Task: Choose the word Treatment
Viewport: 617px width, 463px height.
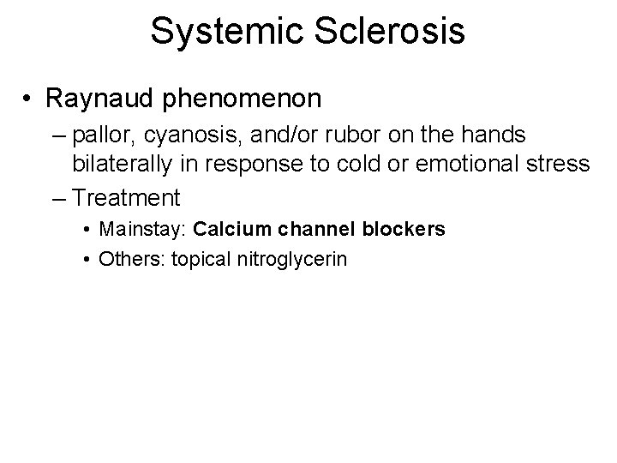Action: [127, 199]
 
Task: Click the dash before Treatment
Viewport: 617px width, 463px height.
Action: [59, 199]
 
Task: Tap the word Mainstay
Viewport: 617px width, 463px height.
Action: [143, 230]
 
